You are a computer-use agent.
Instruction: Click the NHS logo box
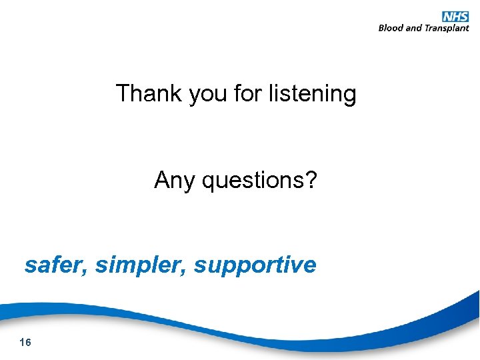click(x=455, y=16)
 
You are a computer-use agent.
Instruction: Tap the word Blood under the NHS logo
click(x=391, y=28)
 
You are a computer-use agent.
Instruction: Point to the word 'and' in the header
click(x=414, y=28)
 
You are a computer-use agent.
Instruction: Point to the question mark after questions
click(x=311, y=179)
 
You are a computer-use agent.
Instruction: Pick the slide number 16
click(x=26, y=343)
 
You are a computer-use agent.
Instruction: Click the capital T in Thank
click(x=123, y=93)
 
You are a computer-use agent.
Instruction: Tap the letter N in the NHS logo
click(x=447, y=16)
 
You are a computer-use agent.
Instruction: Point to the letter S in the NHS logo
click(x=464, y=16)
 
